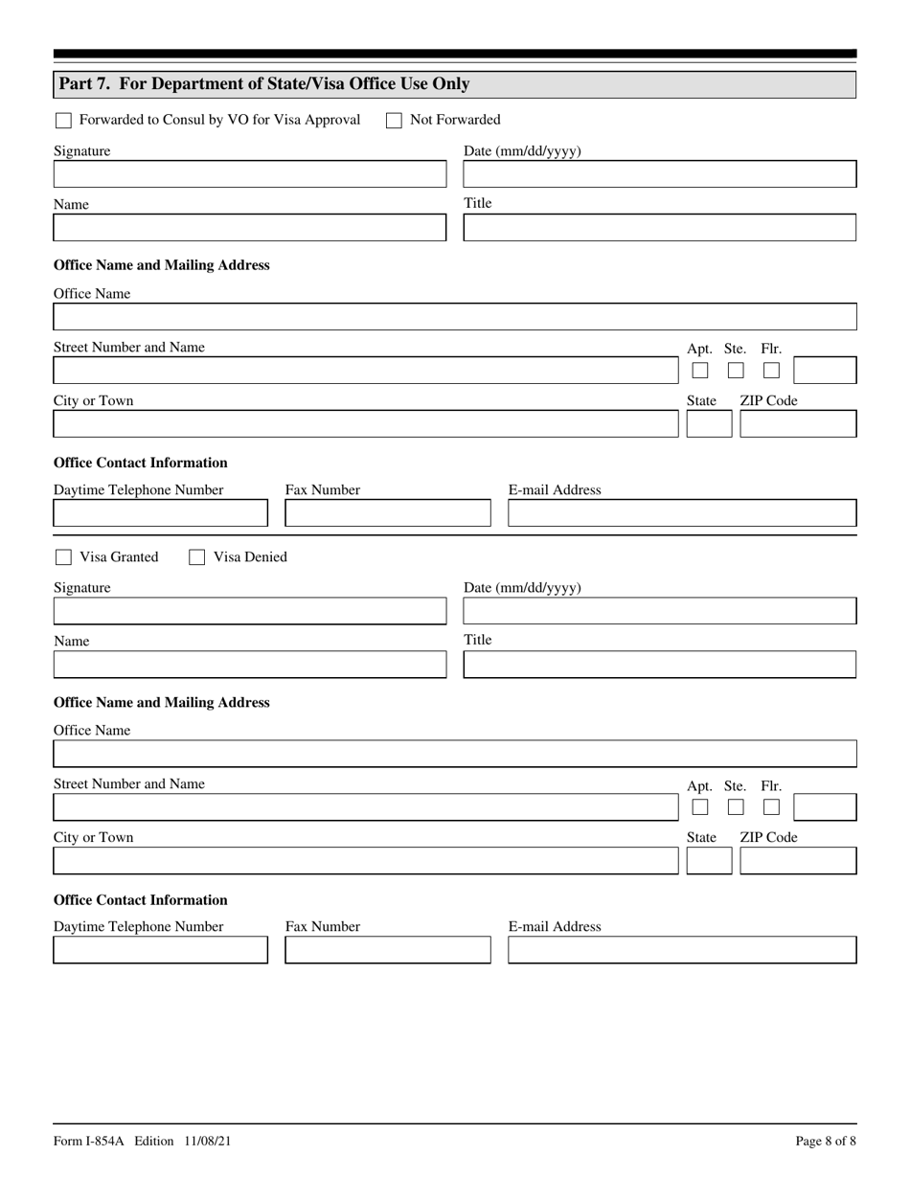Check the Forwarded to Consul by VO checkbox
63,121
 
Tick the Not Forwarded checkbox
394,121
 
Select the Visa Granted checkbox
63,557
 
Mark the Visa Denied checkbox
196,557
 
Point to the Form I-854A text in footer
90,1141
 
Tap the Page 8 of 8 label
826,1141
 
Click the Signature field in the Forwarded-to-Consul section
250,174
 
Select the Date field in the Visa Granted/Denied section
659,611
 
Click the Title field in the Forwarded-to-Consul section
659,228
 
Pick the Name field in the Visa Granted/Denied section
250,665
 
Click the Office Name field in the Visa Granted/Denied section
454,754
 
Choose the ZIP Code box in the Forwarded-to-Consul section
798,424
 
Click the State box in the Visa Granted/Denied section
709,861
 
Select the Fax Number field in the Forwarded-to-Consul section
387,514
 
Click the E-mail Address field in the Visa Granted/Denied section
681,950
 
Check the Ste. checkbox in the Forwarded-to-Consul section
736,371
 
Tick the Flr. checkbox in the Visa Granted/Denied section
771,807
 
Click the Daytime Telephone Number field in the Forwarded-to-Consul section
160,514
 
